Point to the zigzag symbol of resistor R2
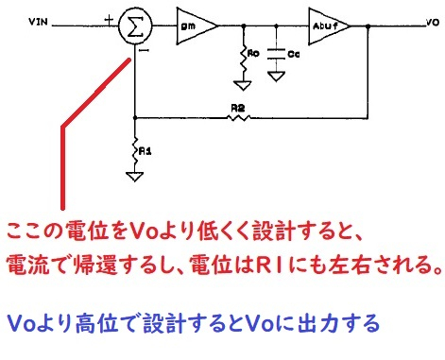click(x=238, y=117)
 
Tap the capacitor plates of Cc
click(x=275, y=53)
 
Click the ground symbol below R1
click(x=136, y=175)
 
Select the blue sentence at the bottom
click(x=194, y=323)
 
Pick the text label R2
click(x=238, y=108)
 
